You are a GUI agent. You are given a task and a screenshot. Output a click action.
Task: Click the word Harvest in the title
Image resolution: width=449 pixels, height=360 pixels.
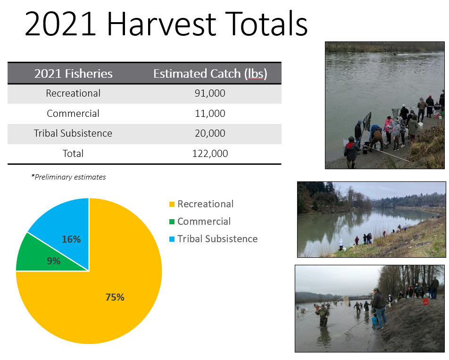pos(161,24)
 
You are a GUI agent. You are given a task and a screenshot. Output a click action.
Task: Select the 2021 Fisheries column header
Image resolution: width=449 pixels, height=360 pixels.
pos(73,74)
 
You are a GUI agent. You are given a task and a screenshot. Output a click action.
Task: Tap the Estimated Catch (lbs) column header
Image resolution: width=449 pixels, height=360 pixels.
pos(210,74)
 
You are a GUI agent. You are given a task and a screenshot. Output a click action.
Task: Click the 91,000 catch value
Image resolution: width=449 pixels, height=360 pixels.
pos(210,93)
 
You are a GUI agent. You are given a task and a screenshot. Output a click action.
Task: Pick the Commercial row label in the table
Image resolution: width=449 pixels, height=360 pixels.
pos(73,113)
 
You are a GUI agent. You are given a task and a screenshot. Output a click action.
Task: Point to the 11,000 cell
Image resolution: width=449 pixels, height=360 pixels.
pos(210,113)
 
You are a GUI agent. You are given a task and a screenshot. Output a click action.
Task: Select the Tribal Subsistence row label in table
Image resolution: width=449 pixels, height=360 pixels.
pos(73,133)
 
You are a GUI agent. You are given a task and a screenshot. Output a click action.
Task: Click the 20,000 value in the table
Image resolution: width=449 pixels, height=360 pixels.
pos(210,133)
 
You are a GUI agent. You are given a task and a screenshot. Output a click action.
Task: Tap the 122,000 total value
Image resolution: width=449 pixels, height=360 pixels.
pos(210,154)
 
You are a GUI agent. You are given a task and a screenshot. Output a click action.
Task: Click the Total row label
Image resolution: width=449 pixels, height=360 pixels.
pos(73,154)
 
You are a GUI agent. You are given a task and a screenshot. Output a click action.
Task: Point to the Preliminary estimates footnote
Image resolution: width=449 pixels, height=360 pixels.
pos(68,177)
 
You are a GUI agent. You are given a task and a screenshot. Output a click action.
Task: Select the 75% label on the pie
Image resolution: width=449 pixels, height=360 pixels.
pos(115,297)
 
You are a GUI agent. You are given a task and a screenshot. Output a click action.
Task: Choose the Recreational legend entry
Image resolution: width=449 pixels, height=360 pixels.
pos(201,204)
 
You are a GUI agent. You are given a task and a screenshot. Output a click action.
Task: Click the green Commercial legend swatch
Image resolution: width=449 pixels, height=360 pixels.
pos(172,221)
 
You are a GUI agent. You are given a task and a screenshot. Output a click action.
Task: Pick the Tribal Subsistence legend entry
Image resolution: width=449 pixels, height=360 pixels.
pos(213,239)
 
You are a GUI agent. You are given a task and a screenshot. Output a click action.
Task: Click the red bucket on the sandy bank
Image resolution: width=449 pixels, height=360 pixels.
pos(425,302)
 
